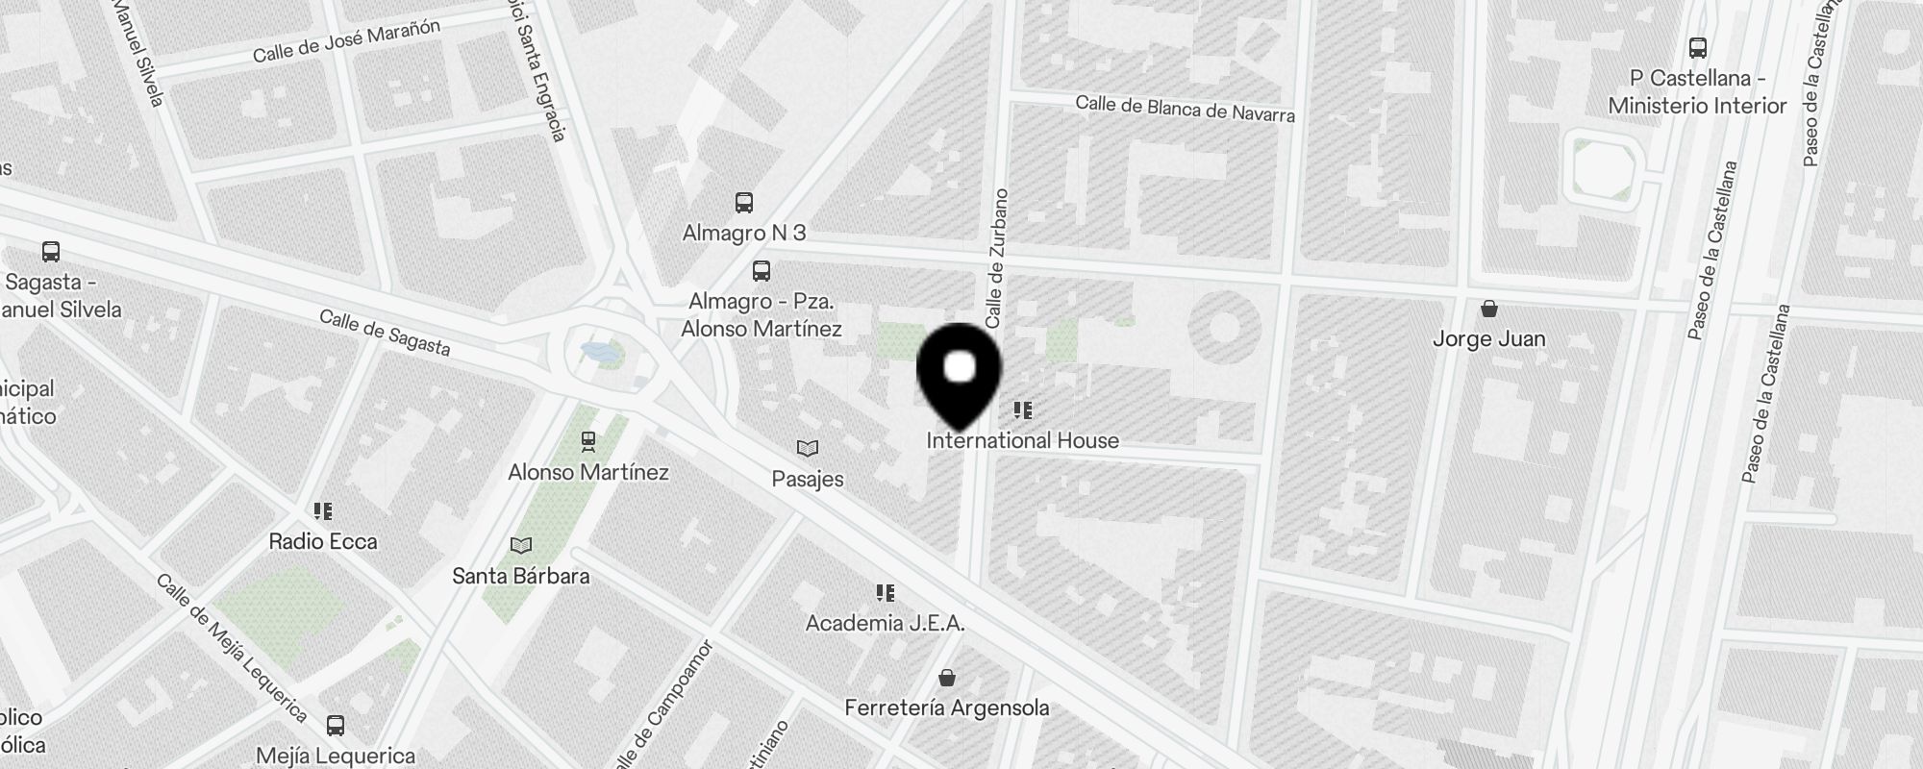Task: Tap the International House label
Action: [1022, 441]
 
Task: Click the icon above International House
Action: [1022, 411]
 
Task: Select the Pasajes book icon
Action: [808, 449]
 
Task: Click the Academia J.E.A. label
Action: [885, 623]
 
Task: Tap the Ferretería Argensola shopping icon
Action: [947, 679]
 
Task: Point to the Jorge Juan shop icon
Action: [1489, 309]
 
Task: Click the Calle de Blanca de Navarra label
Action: [1185, 109]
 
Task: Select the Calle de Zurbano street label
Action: [996, 258]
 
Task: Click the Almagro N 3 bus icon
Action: [744, 203]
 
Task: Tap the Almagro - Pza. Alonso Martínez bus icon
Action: [762, 271]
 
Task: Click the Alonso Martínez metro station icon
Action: [588, 441]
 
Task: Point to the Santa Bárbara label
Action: [521, 577]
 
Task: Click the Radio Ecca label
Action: [323, 542]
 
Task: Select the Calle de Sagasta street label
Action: [385, 333]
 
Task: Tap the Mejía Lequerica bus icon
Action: [336, 725]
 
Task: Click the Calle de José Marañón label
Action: [346, 41]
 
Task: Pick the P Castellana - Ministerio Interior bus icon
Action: [1698, 48]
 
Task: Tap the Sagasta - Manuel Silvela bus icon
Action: [51, 252]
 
